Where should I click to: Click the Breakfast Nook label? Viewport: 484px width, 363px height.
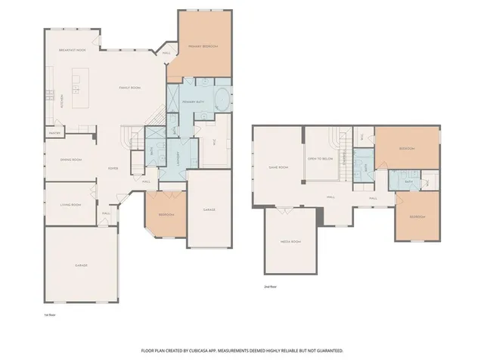pos(73,51)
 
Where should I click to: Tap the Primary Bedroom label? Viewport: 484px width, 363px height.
pos(204,47)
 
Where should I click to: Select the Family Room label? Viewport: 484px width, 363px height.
pos(130,88)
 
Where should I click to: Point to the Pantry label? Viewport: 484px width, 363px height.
pos(55,133)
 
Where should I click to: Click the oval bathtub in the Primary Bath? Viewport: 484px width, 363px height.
pos(222,100)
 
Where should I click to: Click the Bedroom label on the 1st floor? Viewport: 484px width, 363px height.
pos(166,215)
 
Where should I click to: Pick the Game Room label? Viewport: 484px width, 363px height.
pos(279,167)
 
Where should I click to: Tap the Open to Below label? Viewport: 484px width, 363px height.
pos(321,160)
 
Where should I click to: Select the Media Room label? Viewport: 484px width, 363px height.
pos(292,242)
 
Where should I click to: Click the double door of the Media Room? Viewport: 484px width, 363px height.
pos(288,208)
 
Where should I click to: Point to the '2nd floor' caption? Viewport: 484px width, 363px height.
pos(270,287)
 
